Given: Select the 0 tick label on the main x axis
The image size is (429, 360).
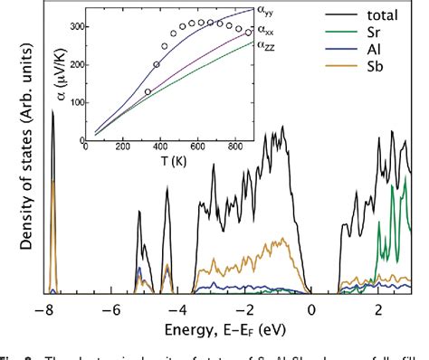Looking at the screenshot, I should click(x=312, y=308).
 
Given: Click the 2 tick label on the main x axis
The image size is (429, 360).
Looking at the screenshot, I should click(x=378, y=308).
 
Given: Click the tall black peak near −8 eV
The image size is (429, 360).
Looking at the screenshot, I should click(x=52, y=113).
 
